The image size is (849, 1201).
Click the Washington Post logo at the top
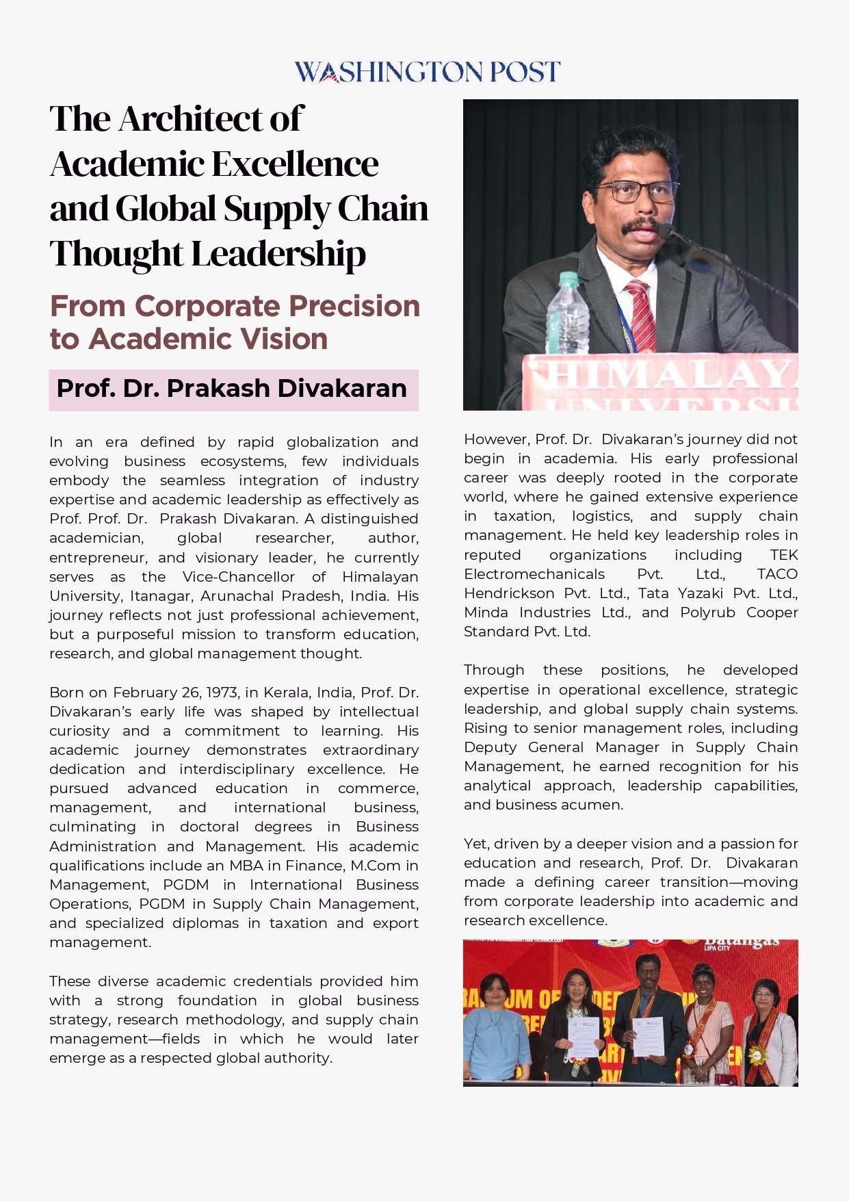427,72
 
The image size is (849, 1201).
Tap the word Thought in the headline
116,254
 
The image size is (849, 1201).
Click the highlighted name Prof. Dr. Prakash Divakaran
232,389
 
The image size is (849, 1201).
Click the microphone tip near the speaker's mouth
666,231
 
